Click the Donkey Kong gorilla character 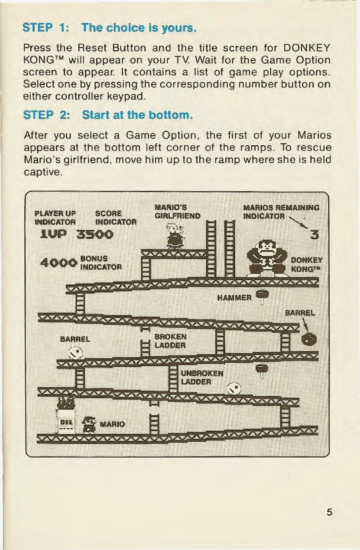(x=267, y=258)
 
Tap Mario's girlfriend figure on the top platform (x=175, y=236)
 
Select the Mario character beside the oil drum (x=89, y=425)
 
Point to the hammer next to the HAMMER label (x=262, y=297)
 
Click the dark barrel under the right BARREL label (x=309, y=340)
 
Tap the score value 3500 (x=95, y=235)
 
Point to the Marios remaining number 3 (x=315, y=235)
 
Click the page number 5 (x=329, y=512)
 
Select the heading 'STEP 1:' (x=45, y=27)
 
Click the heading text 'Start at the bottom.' (x=137, y=115)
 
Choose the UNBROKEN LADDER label (x=202, y=378)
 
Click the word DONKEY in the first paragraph (x=307, y=48)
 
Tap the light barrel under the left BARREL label (x=75, y=352)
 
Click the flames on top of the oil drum (x=66, y=403)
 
